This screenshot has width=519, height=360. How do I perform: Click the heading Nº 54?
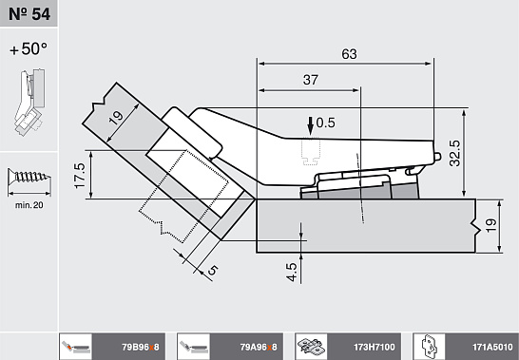click(29, 14)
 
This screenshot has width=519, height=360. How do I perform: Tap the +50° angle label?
click(29, 49)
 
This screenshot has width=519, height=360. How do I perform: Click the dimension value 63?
click(349, 54)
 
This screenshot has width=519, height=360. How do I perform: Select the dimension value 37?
click(311, 80)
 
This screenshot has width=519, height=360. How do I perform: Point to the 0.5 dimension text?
click(326, 123)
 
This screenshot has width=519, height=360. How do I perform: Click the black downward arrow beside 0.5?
click(310, 126)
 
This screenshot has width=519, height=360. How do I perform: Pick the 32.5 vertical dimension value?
click(454, 153)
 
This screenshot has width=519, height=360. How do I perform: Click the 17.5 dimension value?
click(80, 176)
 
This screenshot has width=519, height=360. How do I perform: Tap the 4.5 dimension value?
click(292, 272)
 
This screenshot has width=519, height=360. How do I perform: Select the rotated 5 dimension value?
click(213, 270)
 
